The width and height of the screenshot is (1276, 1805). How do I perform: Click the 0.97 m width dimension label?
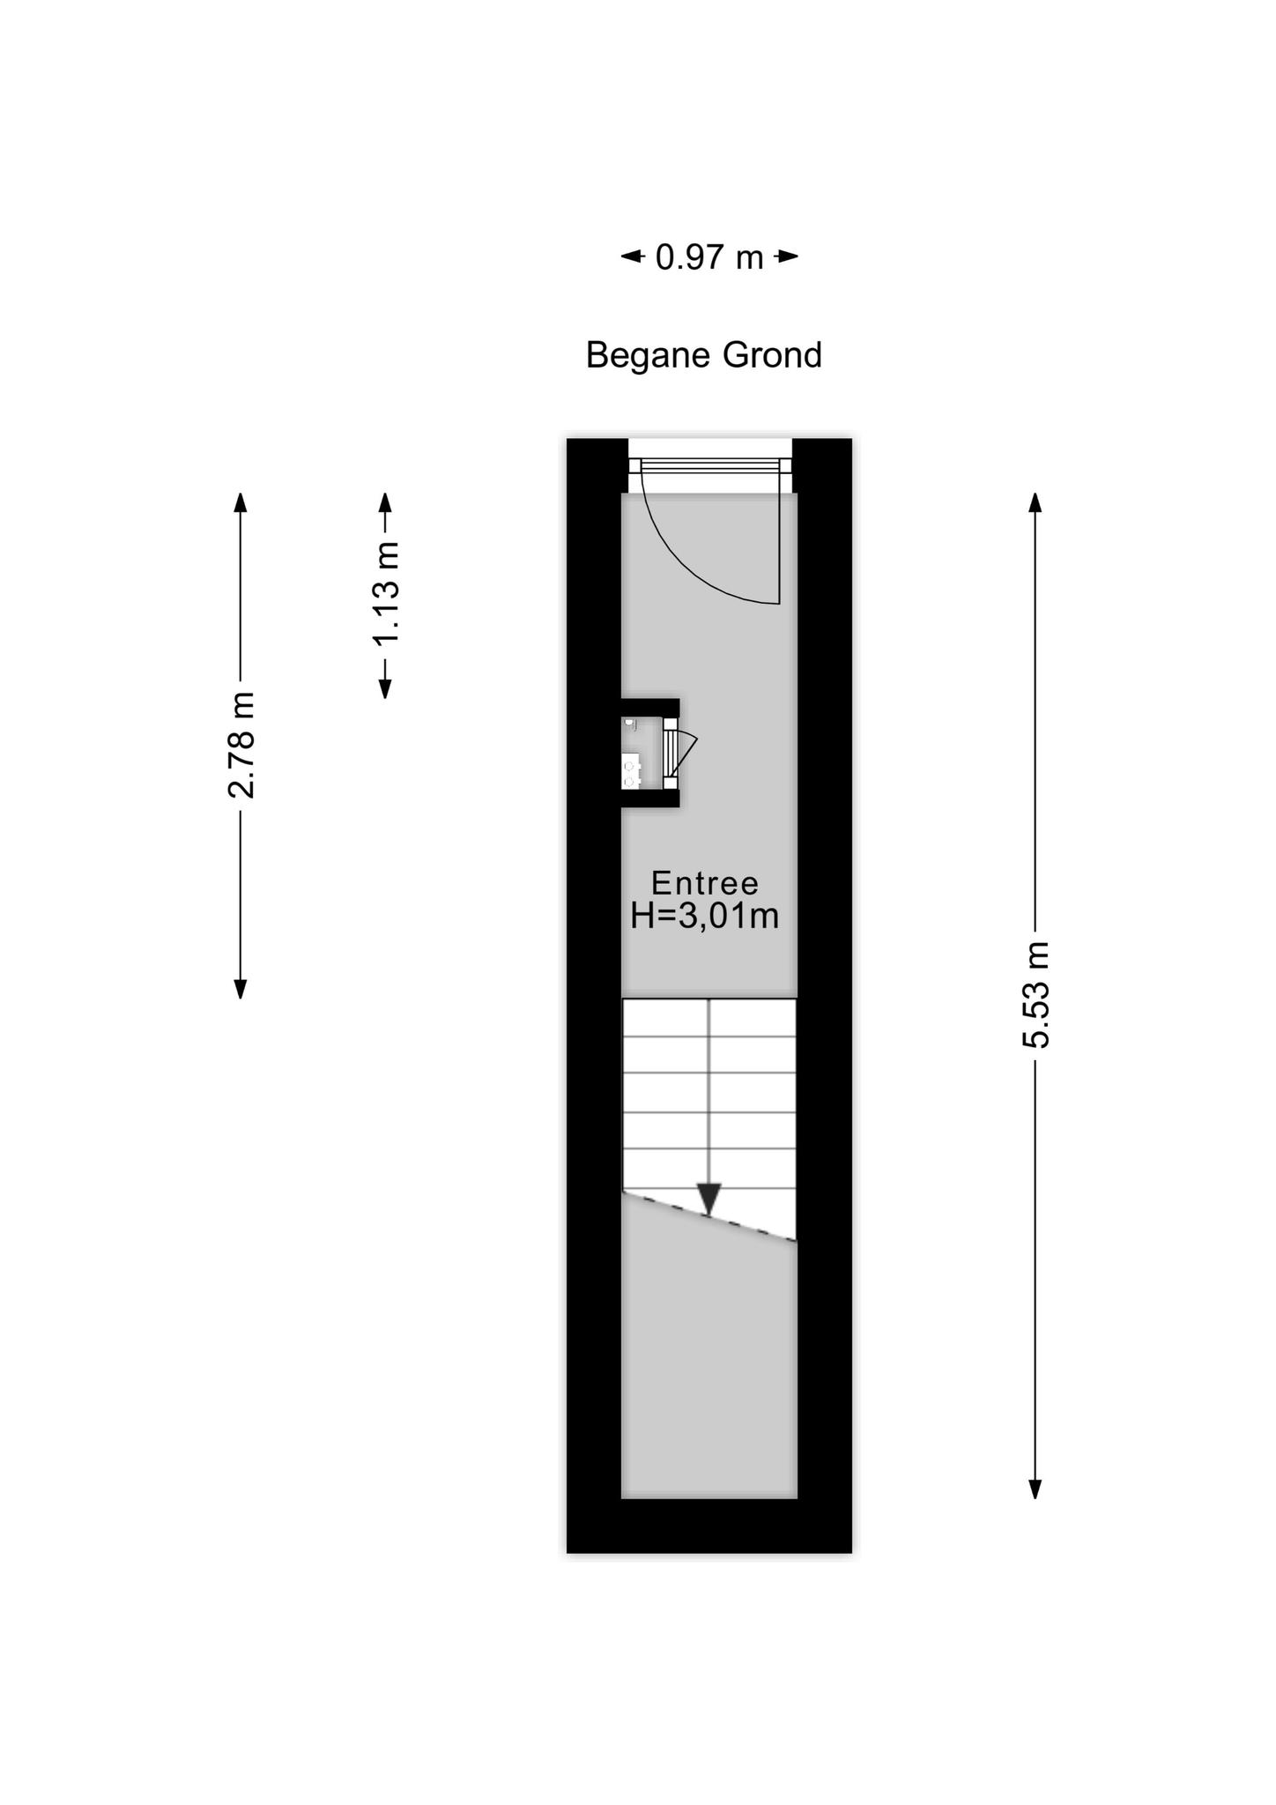coord(709,257)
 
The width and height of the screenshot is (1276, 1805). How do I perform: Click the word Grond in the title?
coord(772,354)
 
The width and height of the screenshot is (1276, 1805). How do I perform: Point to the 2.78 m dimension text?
coord(241,745)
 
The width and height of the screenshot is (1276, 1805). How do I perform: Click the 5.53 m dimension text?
coord(1036,995)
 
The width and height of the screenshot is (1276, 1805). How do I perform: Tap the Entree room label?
coord(705,883)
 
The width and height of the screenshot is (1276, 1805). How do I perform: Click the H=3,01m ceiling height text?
coord(705,917)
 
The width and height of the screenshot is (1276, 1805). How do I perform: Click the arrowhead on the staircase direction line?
coord(709,1199)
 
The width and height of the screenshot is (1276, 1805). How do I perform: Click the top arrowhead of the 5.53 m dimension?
coord(1036,501)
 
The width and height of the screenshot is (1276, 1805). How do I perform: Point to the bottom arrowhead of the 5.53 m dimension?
coord(1036,1489)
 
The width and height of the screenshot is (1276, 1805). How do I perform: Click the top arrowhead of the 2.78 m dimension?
coord(241,501)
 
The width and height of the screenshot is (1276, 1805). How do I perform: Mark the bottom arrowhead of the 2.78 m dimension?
coord(241,989)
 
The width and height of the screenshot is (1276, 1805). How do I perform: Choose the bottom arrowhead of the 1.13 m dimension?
coord(385,688)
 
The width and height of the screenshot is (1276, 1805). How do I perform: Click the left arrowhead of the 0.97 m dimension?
coord(632,257)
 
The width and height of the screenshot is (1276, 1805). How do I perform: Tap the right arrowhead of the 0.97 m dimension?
coord(787,257)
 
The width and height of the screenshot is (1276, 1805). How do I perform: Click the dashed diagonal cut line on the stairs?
coord(709,1215)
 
